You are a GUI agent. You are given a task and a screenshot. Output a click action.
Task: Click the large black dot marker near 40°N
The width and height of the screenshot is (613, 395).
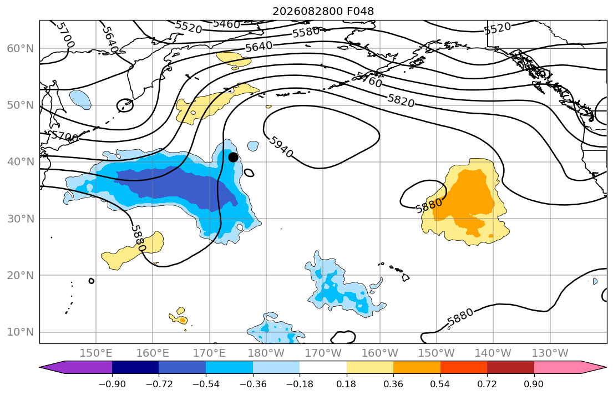click(233, 157)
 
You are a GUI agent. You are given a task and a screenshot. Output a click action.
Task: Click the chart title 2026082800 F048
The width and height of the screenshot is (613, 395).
click(323, 11)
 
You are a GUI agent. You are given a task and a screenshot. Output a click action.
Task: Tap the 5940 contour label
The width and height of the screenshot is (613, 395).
click(281, 147)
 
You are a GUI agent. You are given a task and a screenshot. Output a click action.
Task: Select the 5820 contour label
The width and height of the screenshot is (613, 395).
click(401, 100)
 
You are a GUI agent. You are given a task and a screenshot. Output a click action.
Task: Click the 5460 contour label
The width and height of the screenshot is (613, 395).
click(226, 24)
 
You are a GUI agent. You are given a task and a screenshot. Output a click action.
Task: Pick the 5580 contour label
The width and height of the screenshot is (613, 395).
click(306, 32)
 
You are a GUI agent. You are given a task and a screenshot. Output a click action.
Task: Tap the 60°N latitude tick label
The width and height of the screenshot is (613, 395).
click(21, 48)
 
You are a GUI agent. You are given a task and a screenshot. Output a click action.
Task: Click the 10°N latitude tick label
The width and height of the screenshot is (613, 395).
click(21, 332)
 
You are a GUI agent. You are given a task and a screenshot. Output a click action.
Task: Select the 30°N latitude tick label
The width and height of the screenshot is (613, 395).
click(21, 219)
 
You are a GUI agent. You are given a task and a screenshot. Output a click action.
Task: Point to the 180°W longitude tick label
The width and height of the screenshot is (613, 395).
click(266, 353)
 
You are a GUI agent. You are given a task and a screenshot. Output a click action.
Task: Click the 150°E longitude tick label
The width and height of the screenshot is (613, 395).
click(96, 353)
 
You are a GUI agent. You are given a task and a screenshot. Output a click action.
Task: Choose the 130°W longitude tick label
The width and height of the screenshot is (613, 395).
click(550, 353)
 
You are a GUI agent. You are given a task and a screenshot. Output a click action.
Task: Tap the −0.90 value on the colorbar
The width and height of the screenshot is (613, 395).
click(112, 384)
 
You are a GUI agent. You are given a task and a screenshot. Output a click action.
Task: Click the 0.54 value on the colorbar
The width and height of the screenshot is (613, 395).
click(440, 384)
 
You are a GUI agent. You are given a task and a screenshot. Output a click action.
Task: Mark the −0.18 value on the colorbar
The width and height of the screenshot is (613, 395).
click(300, 384)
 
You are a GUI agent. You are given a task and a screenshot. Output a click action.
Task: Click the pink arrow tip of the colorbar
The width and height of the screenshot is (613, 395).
click(606, 367)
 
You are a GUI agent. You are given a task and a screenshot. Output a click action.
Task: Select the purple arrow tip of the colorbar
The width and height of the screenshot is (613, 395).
click(40, 367)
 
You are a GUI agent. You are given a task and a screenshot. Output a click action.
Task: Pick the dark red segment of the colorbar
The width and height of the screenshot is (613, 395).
click(510, 367)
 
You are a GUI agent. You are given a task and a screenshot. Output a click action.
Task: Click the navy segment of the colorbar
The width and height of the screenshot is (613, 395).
click(135, 367)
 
